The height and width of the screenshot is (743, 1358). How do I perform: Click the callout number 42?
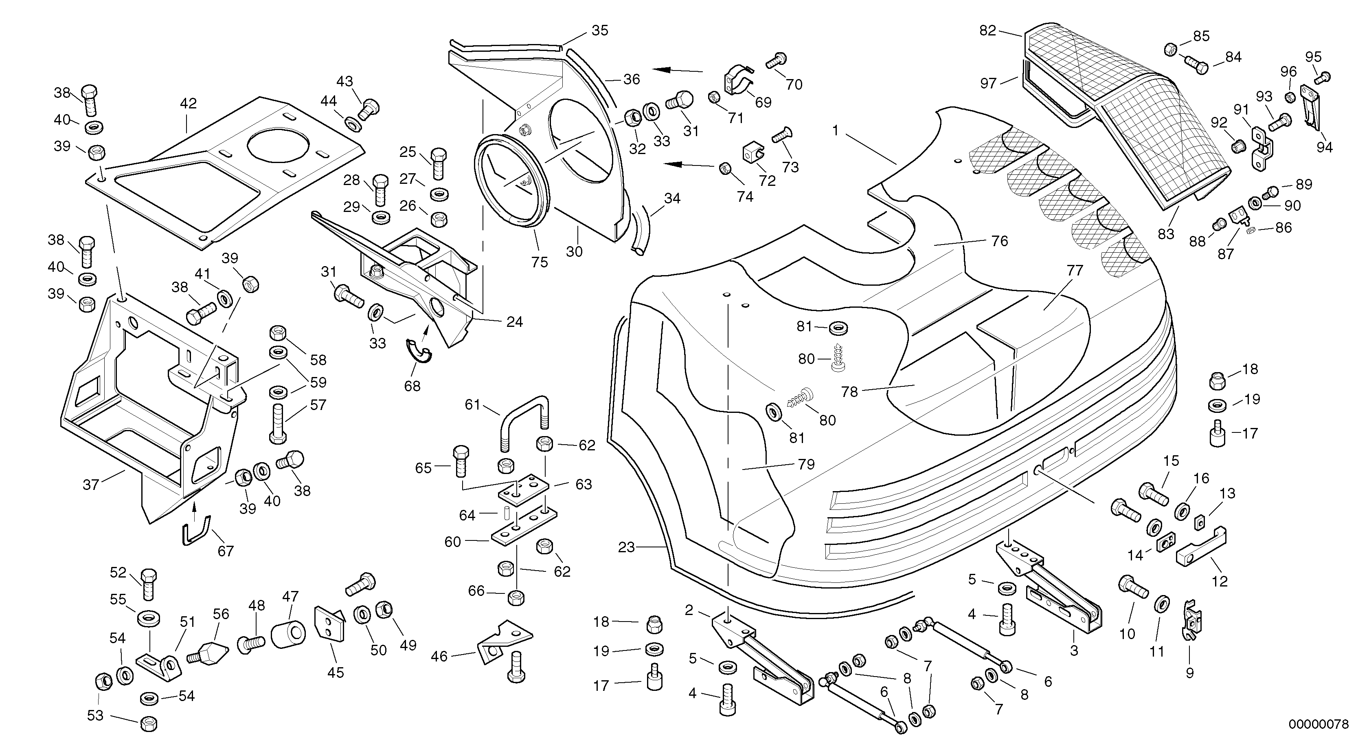188,104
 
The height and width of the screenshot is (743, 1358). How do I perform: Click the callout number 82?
987,31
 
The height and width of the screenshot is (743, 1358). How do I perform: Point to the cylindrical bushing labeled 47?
288,634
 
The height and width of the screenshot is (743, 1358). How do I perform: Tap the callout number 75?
539,262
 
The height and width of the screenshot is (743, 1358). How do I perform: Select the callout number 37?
91,485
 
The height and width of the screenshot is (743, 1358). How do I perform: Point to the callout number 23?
626,548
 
